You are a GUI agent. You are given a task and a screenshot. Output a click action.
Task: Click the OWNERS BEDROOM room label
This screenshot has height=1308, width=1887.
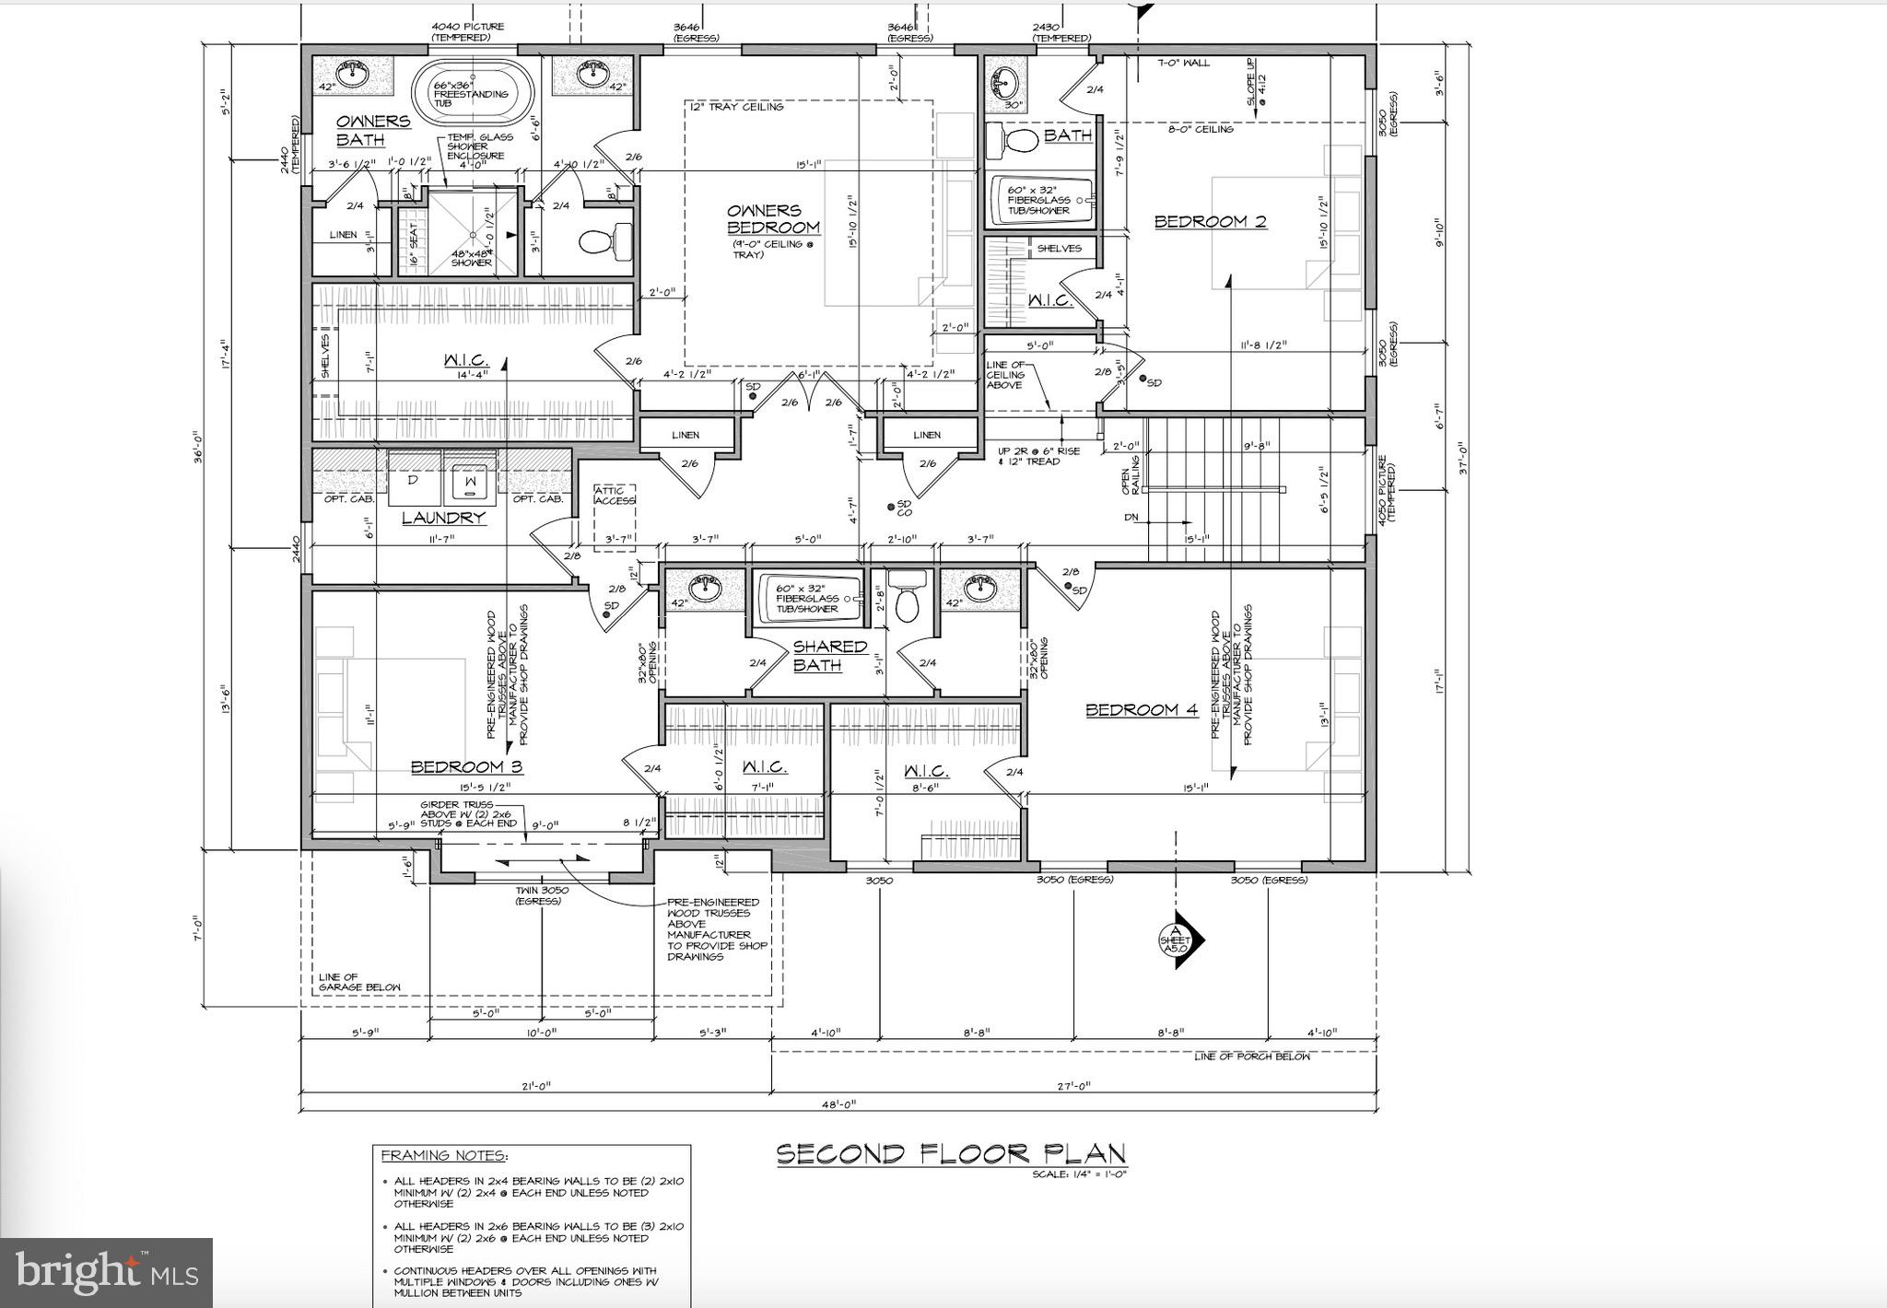773,219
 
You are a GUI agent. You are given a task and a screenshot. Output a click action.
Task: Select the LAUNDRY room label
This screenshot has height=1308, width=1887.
443,518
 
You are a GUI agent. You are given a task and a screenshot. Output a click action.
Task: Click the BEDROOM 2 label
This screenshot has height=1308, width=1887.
1210,221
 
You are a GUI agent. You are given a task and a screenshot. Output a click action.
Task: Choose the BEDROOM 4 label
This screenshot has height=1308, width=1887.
1141,709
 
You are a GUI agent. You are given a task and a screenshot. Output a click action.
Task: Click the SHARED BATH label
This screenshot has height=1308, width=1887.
817,656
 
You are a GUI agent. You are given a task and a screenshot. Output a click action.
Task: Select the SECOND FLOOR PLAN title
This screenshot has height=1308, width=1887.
951,1154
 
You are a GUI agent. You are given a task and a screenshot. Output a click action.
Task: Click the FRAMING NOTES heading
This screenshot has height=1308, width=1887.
443,1156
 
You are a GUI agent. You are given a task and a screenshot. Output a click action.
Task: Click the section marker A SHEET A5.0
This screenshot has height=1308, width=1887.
1178,940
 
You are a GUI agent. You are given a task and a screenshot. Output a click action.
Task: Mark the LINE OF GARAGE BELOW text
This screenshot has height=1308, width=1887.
359,982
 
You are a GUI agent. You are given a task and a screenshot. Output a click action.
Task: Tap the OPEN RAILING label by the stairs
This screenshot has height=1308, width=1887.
1130,475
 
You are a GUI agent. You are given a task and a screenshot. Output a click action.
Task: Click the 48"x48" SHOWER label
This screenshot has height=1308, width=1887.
472,258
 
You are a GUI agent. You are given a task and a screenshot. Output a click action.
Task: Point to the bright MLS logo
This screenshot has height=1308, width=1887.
106,1273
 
